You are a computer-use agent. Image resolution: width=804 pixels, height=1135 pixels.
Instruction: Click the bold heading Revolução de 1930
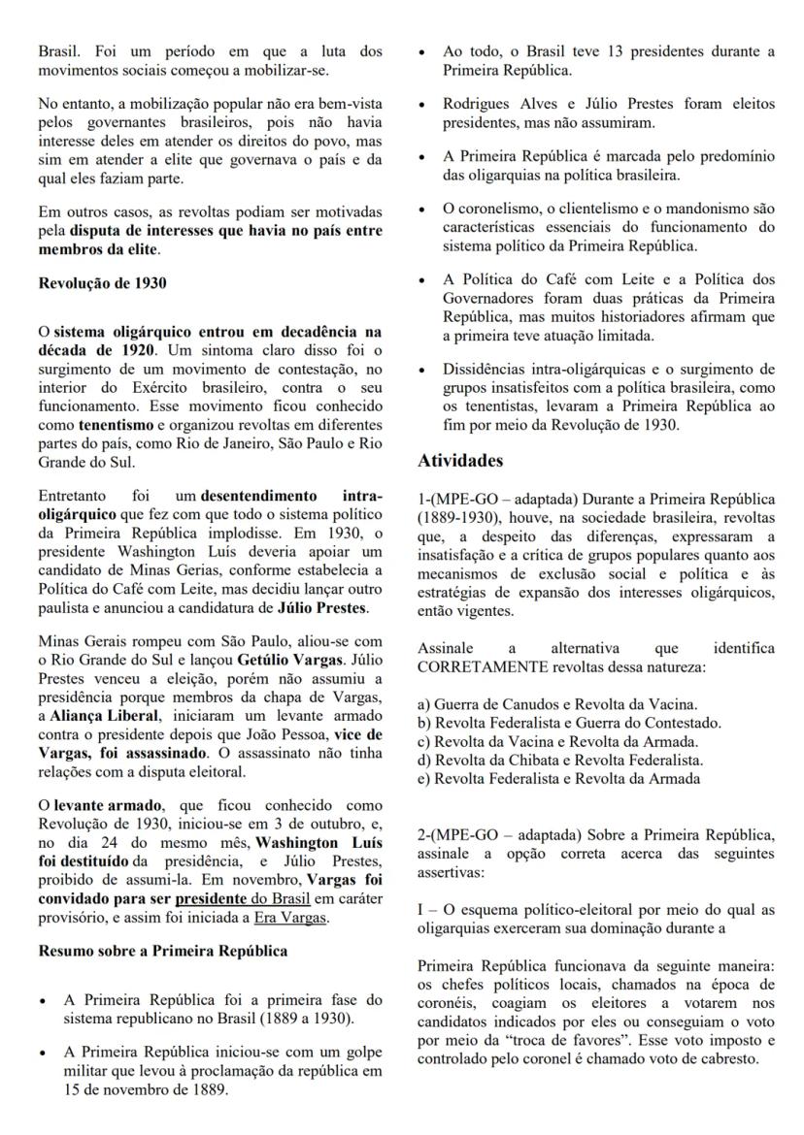[x=102, y=283]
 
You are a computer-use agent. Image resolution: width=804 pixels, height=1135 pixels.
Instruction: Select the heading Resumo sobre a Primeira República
[x=162, y=951]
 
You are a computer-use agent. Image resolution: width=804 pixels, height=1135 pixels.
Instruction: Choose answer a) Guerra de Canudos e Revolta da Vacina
[x=557, y=704]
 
